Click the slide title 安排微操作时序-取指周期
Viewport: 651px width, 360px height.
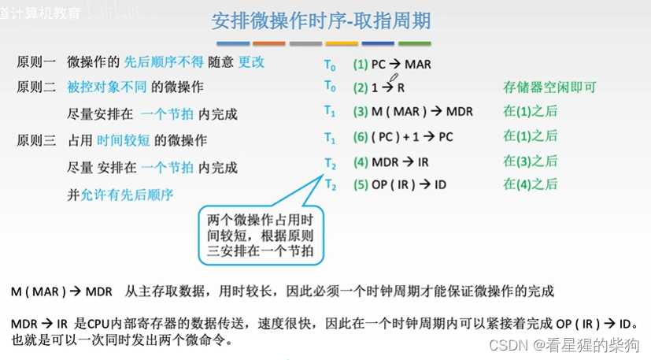(320, 20)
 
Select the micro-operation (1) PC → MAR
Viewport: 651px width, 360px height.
(392, 65)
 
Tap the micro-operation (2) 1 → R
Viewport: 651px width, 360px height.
(379, 87)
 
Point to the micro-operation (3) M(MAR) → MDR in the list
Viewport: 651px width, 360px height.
(412, 112)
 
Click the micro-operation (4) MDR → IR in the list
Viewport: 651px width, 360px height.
(390, 161)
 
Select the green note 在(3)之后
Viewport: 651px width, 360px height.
(530, 161)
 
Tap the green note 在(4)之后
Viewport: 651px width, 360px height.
(530, 184)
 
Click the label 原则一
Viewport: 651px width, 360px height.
(36, 61)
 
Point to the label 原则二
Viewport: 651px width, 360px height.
(36, 87)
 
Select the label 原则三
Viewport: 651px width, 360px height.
(36, 141)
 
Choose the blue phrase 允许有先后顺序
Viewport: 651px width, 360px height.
(127, 195)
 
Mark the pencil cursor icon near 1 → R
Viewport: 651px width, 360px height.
(394, 77)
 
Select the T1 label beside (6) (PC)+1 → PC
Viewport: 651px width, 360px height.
(330, 137)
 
